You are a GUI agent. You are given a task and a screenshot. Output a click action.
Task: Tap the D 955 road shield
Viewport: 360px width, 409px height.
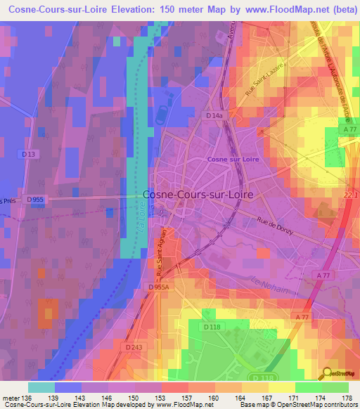tap(36, 200)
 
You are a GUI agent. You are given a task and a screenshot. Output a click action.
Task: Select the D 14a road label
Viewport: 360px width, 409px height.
tap(214, 115)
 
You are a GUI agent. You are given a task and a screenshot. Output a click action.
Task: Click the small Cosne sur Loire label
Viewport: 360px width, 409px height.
tap(230, 160)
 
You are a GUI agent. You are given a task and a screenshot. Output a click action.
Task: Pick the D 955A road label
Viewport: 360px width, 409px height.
tap(160, 287)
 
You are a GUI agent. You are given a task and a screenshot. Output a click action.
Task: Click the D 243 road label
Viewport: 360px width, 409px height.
tap(134, 347)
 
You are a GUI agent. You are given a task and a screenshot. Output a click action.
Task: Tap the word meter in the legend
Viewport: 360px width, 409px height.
tap(11, 398)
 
